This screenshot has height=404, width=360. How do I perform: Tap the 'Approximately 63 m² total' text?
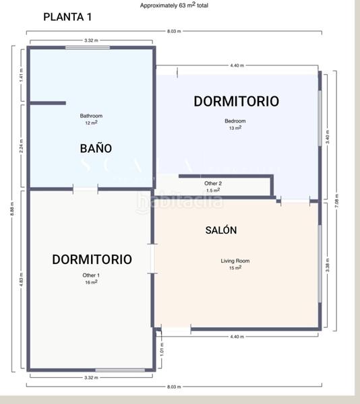coord(174,5)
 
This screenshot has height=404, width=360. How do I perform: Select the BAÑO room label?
coord(96,148)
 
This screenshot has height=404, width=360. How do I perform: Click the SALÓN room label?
coord(221,230)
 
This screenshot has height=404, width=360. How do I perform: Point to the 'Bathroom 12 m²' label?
coord(91,119)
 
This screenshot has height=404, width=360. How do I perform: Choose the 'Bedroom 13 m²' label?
coord(235,125)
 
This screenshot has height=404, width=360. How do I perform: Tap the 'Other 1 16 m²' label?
coord(91,278)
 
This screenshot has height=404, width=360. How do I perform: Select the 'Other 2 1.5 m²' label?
coord(213,187)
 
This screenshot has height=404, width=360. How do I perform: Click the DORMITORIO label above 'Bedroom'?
coord(236,102)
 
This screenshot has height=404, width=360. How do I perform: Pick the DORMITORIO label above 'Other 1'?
coord(92,259)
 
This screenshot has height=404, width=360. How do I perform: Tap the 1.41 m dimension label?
coord(22,75)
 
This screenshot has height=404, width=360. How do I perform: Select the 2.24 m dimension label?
coord(22,146)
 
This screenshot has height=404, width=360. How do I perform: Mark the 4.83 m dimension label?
coord(22,279)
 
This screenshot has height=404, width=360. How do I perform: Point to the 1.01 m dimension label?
coord(161,350)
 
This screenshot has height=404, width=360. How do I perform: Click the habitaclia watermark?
coord(179,201)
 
